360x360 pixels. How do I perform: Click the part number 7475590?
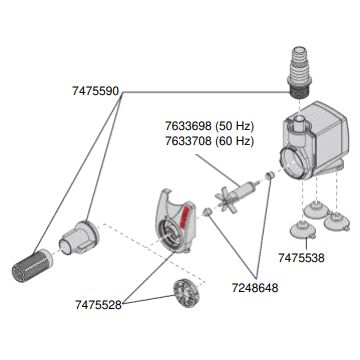[95, 91]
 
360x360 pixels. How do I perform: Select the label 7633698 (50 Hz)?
[210, 126]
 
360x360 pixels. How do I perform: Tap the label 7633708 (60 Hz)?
[210, 141]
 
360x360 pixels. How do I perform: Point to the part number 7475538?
[301, 258]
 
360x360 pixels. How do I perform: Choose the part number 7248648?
[255, 288]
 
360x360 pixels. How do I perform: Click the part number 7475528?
[98, 305]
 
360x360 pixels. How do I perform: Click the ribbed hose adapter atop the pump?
[299, 72]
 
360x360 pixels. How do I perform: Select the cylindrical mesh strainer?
[32, 265]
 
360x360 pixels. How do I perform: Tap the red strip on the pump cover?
[184, 217]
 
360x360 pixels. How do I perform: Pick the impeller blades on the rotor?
[226, 200]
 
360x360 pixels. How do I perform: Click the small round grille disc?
[187, 293]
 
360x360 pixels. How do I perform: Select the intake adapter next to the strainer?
[79, 237]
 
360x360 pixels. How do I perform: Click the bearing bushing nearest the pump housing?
[269, 175]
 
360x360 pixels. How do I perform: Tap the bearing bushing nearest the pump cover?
[208, 212]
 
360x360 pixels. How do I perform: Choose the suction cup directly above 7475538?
[303, 231]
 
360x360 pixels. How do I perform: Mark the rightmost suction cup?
[337, 221]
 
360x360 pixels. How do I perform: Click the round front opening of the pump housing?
[292, 163]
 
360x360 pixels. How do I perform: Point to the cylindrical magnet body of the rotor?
[247, 188]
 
